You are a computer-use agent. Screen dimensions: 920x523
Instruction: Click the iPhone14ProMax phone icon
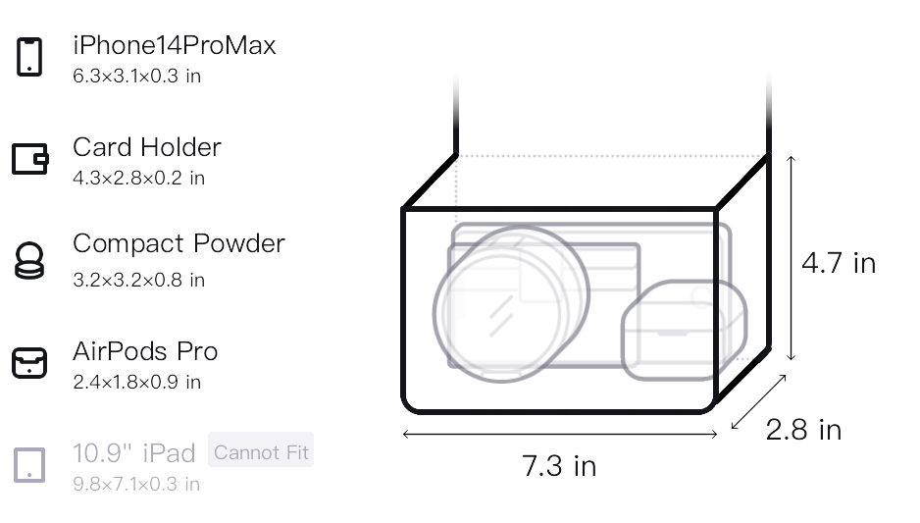pos(29,57)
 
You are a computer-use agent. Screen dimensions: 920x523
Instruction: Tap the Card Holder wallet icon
pos(30,159)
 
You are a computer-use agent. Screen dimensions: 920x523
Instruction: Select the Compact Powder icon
pos(29,260)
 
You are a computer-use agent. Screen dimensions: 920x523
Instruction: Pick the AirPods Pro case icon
pos(29,363)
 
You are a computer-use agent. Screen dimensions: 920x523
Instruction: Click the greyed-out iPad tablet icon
pos(29,465)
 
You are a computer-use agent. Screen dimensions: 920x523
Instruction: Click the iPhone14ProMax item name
pos(175,45)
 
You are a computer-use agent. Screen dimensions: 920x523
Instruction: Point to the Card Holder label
pos(147,147)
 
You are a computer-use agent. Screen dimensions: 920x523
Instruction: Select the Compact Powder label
pos(179,243)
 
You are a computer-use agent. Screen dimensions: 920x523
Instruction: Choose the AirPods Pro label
pos(145,351)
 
